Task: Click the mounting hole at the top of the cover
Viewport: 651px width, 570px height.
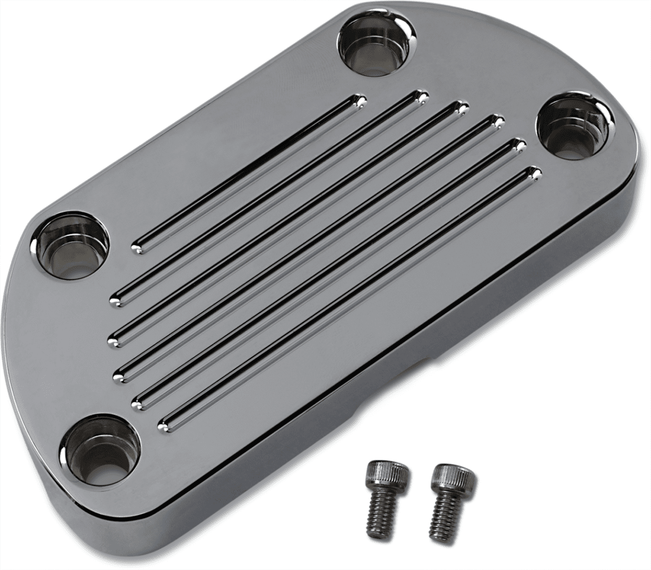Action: pos(377,42)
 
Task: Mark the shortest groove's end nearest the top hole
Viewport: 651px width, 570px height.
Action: pos(357,100)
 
